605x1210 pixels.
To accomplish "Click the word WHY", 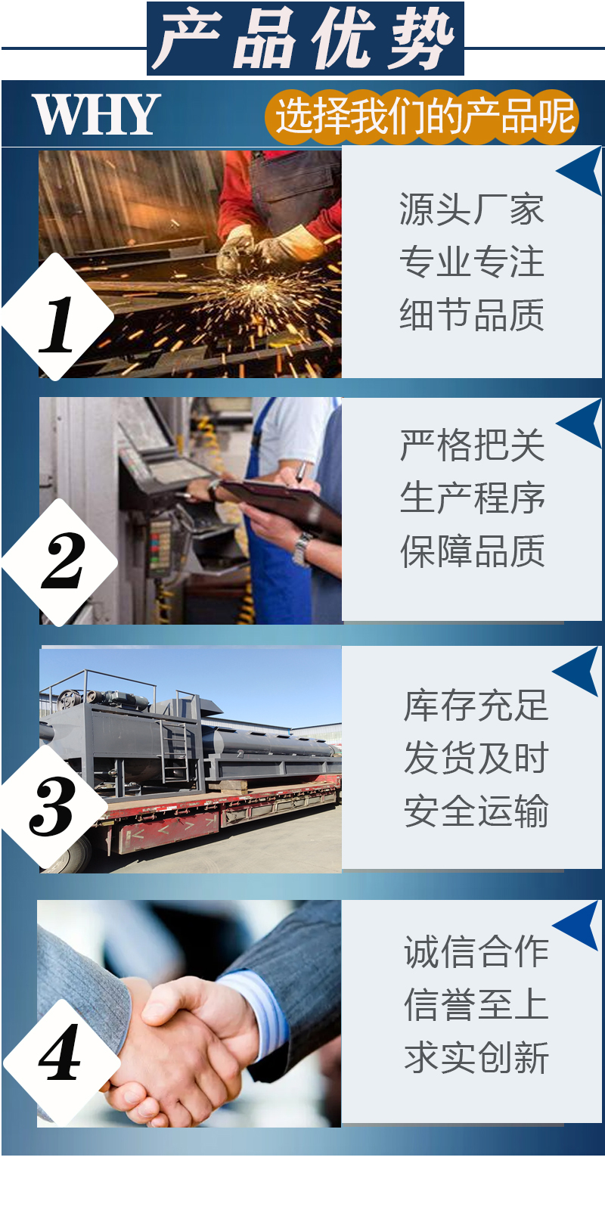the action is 97,114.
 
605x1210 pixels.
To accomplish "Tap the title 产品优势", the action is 306,39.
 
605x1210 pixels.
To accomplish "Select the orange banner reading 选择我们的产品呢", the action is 422,116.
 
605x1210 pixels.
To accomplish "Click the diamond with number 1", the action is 57,317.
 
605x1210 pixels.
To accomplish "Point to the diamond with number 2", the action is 60,562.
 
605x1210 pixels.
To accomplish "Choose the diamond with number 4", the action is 61,1062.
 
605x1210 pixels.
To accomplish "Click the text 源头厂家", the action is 472,209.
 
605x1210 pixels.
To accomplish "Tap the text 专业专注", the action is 472,262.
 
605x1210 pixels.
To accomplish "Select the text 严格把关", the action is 472,445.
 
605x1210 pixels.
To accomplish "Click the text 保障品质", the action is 472,551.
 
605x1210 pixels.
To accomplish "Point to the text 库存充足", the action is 476,705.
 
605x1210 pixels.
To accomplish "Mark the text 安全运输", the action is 476,811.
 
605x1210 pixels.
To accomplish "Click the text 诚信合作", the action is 476,952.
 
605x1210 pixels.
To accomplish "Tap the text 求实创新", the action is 476,1058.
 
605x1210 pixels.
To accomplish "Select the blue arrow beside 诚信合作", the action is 577,925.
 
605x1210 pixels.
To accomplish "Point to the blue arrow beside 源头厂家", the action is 580,171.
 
